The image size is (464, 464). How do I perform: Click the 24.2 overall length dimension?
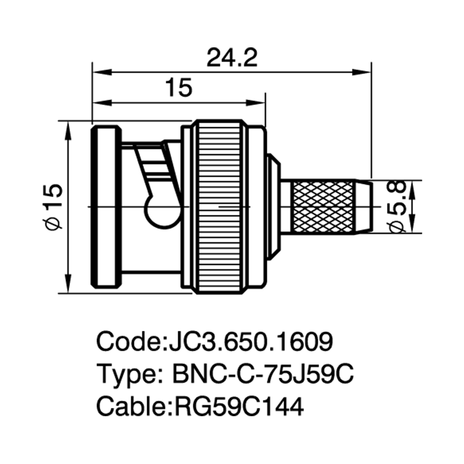(232, 58)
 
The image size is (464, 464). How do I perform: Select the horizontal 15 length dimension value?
(179, 88)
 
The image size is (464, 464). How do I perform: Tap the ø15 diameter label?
(54, 206)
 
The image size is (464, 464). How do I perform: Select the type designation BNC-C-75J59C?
(263, 374)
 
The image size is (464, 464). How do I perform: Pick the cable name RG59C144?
(239, 406)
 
